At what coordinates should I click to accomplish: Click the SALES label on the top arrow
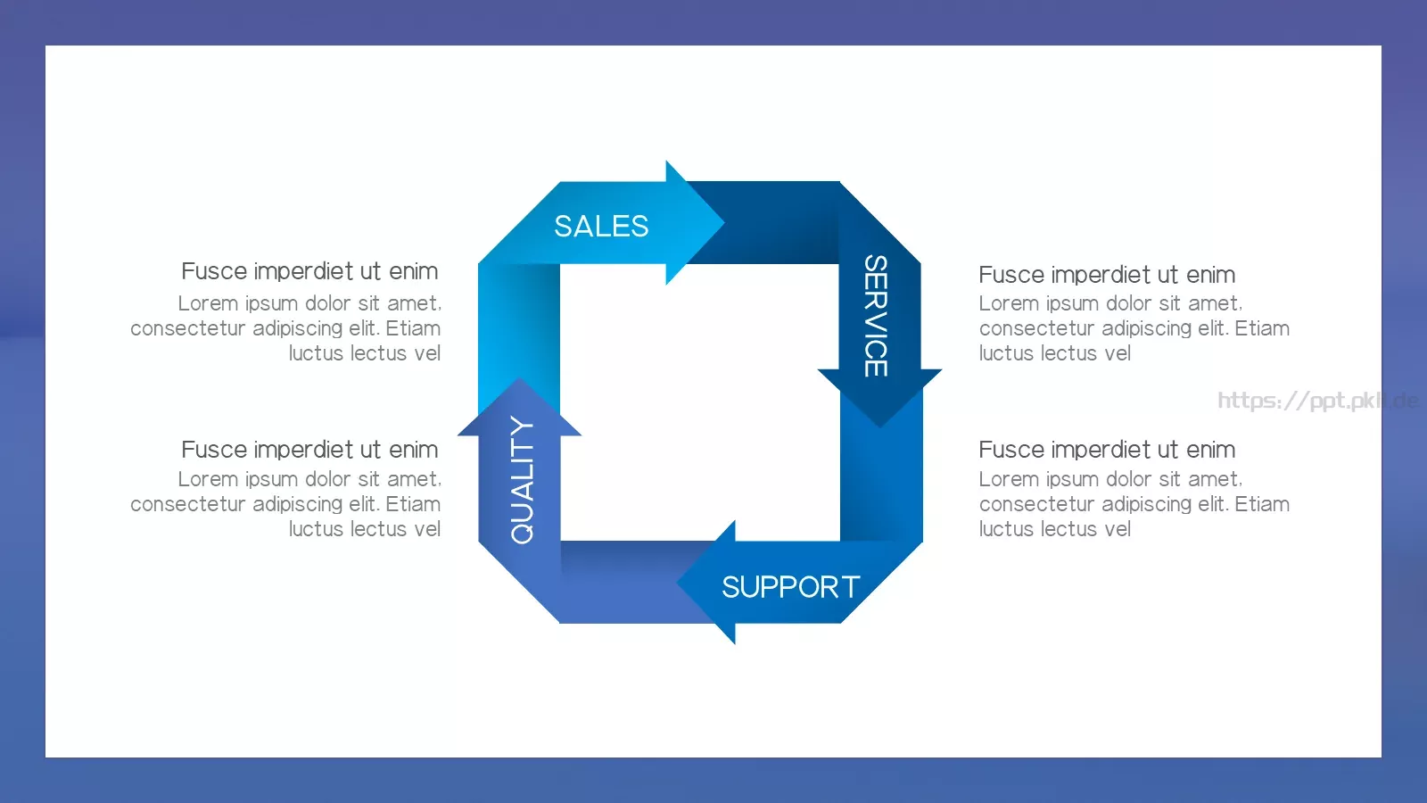tap(601, 227)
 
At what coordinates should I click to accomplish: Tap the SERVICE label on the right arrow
tap(876, 316)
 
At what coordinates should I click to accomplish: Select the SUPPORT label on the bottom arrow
tap(790, 587)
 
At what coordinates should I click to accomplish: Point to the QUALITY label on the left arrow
tap(522, 480)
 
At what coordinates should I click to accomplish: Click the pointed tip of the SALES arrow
tap(724, 222)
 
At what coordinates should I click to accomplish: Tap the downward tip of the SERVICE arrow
tap(879, 426)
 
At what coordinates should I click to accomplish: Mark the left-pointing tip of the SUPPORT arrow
tap(677, 582)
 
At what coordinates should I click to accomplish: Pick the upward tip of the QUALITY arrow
tap(519, 378)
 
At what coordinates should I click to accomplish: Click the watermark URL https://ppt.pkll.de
tap(1318, 401)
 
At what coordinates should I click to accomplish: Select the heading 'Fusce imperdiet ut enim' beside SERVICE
tap(1107, 275)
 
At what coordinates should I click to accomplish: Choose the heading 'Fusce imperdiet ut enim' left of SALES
tap(309, 271)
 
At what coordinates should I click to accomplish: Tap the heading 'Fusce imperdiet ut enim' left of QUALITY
tap(309, 450)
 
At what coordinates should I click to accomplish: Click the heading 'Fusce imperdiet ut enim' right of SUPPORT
tap(1107, 450)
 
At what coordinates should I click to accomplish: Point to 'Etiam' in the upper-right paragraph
tap(1262, 328)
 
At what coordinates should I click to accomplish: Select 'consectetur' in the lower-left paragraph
tap(188, 504)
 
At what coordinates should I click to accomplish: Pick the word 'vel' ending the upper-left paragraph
tap(427, 353)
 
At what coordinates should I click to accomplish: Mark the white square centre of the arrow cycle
tap(699, 402)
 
